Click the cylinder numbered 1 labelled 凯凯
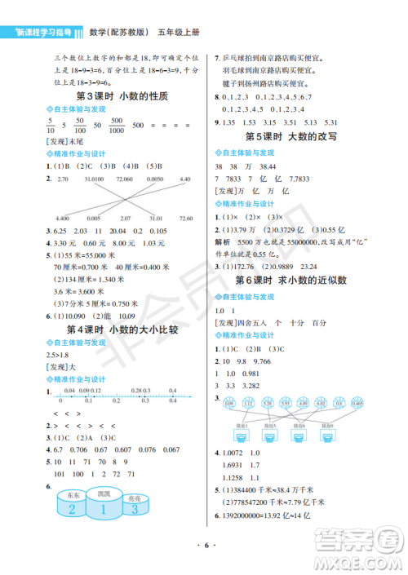[102, 504]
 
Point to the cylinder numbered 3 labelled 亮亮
[133, 508]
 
